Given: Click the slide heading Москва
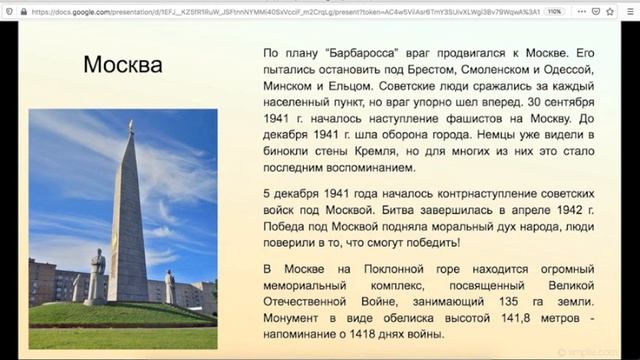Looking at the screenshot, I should [x=122, y=66].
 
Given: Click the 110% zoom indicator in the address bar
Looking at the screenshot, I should [x=555, y=11].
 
